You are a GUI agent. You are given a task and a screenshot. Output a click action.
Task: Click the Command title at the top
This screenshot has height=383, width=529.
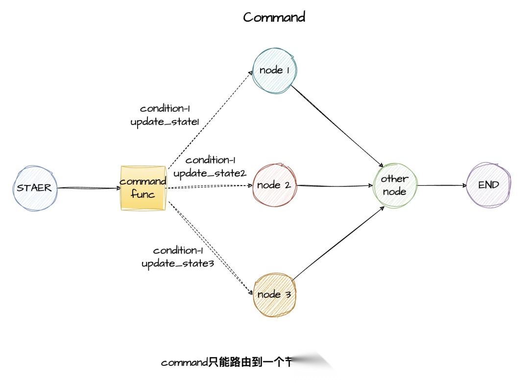click(274, 17)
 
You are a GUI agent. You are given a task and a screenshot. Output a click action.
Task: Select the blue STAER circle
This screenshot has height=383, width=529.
click(35, 188)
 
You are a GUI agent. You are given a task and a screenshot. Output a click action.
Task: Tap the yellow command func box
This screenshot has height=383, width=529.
click(143, 188)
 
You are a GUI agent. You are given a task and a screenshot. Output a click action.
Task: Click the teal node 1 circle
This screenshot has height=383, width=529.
click(274, 70)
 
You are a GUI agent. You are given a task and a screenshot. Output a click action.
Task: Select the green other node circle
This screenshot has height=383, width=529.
click(395, 185)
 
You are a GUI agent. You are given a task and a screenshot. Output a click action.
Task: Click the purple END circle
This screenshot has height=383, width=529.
click(488, 185)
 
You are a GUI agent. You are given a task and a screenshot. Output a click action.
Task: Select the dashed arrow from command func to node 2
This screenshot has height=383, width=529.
click(208, 186)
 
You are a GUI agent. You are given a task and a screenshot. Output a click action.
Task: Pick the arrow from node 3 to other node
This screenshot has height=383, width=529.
click(338, 242)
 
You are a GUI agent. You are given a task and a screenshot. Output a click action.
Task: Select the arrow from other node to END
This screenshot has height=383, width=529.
click(441, 186)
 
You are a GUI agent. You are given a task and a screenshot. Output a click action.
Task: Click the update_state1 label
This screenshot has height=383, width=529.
click(165, 122)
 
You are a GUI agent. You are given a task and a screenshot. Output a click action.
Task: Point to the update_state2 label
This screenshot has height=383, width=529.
click(209, 173)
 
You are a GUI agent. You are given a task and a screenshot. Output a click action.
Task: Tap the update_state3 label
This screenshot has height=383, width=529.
click(178, 264)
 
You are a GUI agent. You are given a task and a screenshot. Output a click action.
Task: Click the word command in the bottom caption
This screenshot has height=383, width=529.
click(185, 363)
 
